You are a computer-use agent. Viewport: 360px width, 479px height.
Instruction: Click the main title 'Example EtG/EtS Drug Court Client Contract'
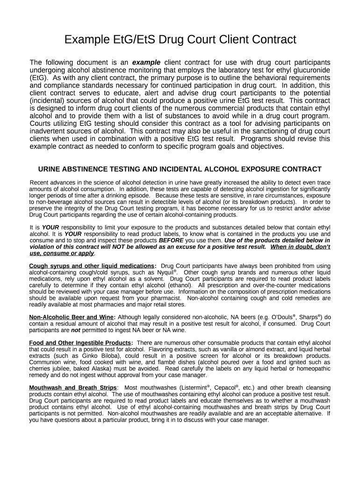coord(180,40)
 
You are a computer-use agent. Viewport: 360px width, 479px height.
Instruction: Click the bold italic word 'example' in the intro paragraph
coord(146,63)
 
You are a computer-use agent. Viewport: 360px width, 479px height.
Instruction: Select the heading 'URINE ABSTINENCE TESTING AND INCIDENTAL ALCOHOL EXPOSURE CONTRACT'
coord(180,169)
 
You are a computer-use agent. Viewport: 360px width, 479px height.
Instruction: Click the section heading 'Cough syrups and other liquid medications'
coord(92,266)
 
